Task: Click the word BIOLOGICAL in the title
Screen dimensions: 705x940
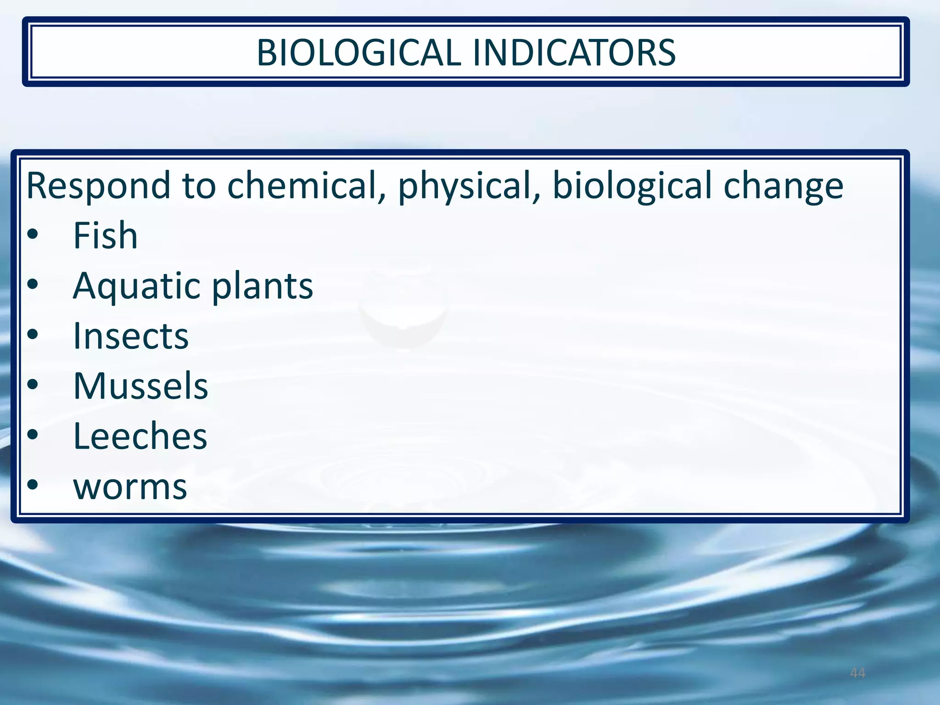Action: click(x=358, y=52)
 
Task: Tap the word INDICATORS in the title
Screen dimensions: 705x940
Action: click(x=574, y=52)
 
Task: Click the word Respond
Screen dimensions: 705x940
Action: click(x=98, y=186)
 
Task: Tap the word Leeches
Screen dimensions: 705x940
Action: click(x=140, y=436)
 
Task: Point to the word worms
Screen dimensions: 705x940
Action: click(x=130, y=487)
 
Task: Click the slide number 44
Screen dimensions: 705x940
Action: click(x=857, y=673)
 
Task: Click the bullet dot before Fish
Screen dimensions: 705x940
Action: click(x=33, y=235)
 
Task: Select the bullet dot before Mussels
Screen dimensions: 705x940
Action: click(x=33, y=385)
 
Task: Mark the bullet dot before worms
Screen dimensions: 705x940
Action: click(x=33, y=485)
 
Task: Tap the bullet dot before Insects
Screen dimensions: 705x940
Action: click(x=33, y=335)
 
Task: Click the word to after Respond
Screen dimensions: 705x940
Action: click(x=199, y=186)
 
